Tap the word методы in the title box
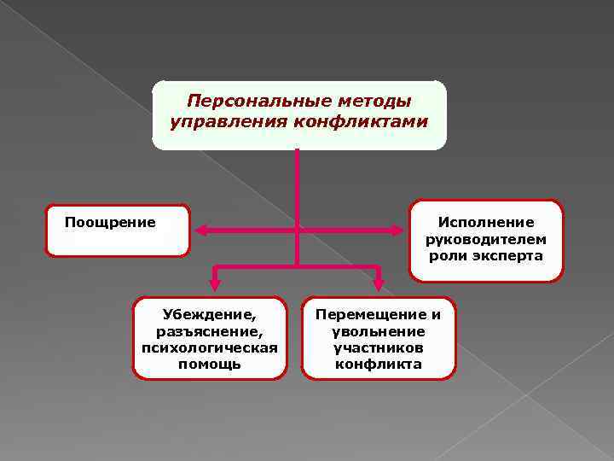point(373,101)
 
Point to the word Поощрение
point(110,223)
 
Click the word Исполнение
point(486,222)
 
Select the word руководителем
point(486,239)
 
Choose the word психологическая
point(210,347)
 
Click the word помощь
point(210,364)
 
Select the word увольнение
point(379,330)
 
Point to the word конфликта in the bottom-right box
point(379,364)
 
